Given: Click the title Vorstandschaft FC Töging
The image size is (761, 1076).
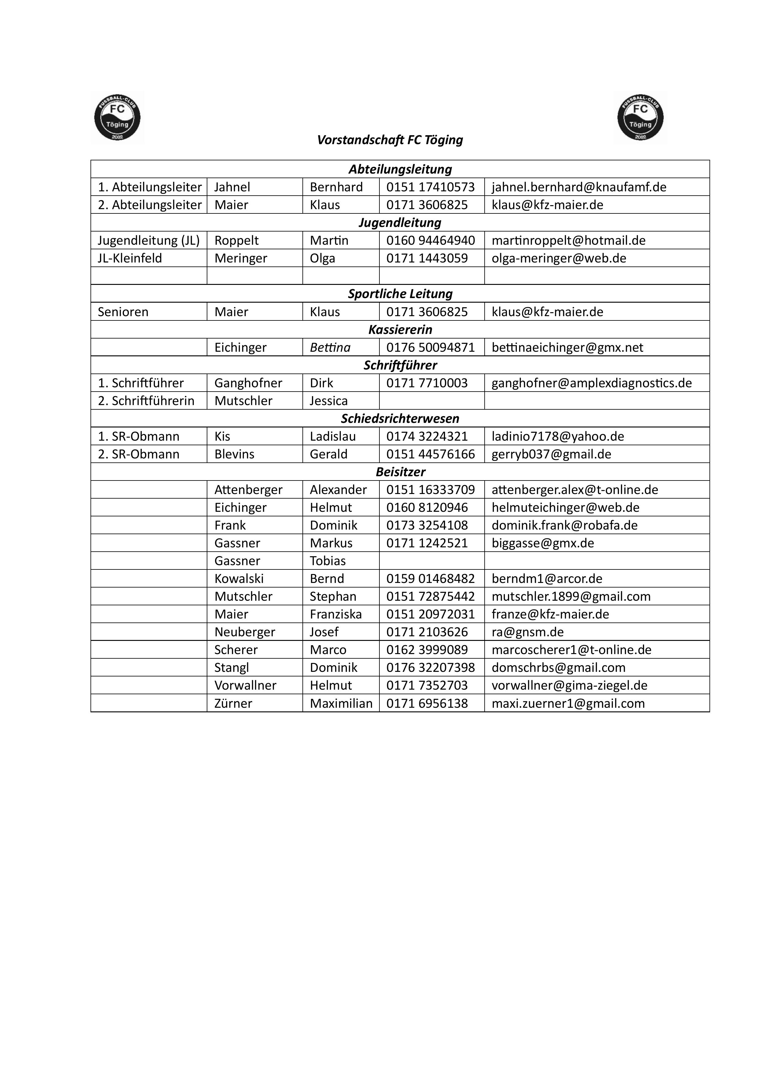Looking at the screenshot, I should [x=390, y=140].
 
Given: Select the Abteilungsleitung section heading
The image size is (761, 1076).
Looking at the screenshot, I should [x=400, y=169].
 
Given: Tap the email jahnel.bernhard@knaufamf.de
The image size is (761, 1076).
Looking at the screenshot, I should [x=578, y=187].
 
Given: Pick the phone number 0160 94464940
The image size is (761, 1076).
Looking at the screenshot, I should [x=430, y=240].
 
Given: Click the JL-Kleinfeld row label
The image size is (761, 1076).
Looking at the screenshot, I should [x=130, y=258].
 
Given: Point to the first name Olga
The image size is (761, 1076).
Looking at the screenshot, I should [x=323, y=258].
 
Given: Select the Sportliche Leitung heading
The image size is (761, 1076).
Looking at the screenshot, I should [x=400, y=294].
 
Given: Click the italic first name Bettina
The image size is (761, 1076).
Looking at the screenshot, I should [x=330, y=347].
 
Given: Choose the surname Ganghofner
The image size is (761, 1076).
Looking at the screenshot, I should [x=248, y=383].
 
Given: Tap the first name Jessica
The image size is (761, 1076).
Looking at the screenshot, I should [x=329, y=401].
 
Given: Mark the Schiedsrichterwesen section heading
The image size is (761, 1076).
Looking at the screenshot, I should [x=400, y=419].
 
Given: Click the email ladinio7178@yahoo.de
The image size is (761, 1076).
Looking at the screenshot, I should [x=558, y=436].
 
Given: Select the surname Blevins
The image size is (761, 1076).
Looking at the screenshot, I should [x=234, y=454].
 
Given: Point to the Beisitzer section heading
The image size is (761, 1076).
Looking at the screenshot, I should [x=400, y=472].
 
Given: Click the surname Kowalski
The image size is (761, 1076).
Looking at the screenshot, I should [x=239, y=579].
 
